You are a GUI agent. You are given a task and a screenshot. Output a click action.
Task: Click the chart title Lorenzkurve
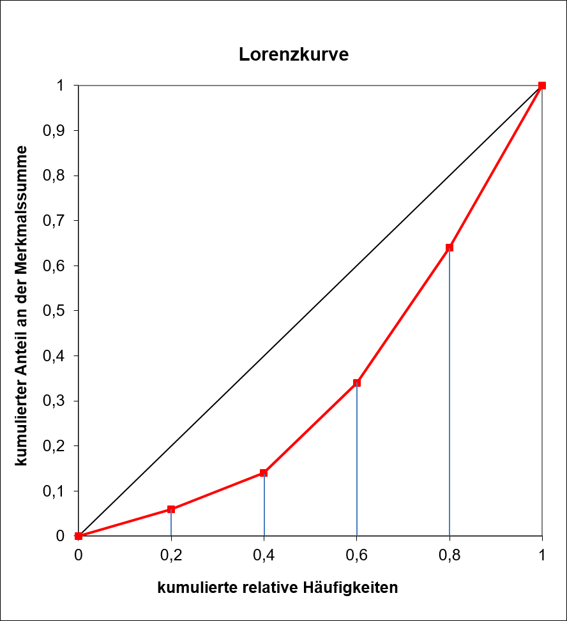coord(294,54)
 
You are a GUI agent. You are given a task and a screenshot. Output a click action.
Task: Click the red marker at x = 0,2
coord(171,509)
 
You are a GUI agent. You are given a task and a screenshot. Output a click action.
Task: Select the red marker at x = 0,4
coord(264,473)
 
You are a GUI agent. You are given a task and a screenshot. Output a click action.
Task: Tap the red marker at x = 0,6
coord(357,383)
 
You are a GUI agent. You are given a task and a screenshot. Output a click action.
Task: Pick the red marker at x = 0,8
coord(450,248)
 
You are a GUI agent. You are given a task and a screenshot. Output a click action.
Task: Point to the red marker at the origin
coord(79,536)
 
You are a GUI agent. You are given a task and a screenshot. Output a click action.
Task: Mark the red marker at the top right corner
coord(542,86)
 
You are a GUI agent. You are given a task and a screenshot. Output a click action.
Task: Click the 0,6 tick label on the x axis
coord(357,555)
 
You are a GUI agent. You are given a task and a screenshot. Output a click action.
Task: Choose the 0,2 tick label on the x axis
coord(171,555)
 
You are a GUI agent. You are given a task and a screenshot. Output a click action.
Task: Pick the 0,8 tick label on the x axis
coord(450,555)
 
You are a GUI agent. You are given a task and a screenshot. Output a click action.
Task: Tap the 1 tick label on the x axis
coord(542,555)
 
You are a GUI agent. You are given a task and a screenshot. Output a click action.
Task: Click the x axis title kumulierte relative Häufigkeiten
coord(278,588)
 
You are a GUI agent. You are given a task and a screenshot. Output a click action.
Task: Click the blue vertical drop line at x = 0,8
coord(450,396)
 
